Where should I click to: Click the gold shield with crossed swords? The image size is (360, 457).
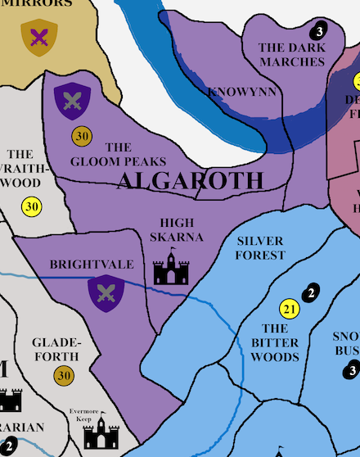click(x=39, y=36)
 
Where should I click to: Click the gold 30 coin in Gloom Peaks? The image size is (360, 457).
click(x=81, y=135)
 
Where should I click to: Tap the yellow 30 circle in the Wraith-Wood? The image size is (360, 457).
click(x=32, y=206)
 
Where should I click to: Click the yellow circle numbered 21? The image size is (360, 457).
click(x=289, y=309)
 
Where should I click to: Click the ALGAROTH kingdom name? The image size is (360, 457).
click(x=191, y=181)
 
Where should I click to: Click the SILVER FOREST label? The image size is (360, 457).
click(x=260, y=247)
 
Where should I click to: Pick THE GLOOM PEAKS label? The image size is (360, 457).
click(x=119, y=154)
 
